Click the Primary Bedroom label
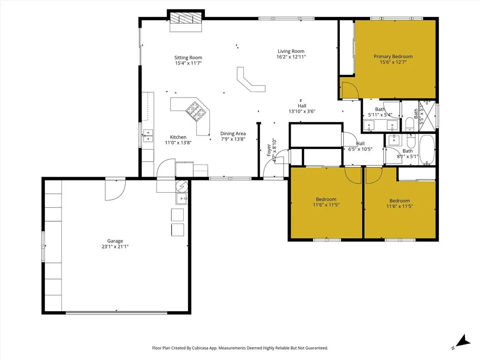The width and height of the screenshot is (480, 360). tap(393, 56)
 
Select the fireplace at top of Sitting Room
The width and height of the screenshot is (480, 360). tap(186, 21)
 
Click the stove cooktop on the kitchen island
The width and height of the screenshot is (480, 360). tap(195, 111)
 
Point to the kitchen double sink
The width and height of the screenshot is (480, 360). tap(148, 135)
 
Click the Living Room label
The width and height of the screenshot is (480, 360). tap(291, 51)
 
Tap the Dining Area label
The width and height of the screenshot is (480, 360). tap(233, 134)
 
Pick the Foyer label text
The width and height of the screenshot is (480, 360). tap(269, 150)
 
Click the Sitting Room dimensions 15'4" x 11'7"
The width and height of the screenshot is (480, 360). tap(188, 63)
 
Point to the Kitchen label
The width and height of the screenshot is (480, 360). tap(178, 137)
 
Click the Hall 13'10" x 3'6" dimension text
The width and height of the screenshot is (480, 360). tap(302, 112)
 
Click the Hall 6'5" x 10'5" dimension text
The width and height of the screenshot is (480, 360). tap(360, 150)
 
